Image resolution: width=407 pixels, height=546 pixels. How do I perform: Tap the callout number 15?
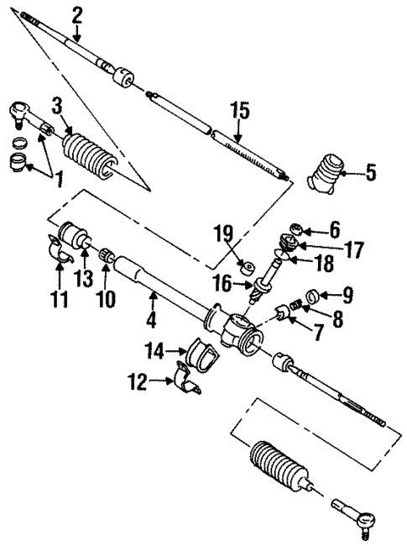[240, 110]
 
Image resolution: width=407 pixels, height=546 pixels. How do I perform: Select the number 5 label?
[371, 175]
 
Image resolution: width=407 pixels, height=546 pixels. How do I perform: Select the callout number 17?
[353, 249]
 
